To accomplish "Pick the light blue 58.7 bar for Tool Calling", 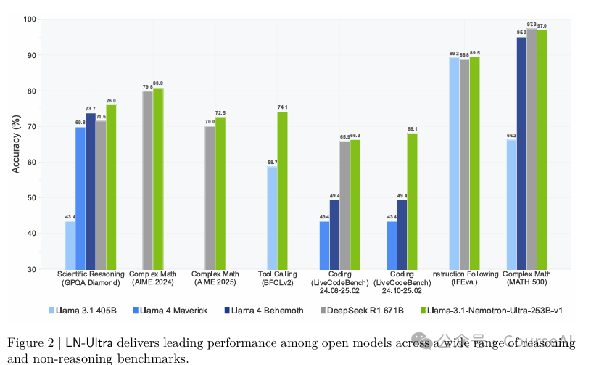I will pos(272,218).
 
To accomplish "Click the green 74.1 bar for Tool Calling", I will pos(282,190).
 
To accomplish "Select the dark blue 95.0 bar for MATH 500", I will pos(521,153).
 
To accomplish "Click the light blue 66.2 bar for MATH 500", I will pos(511,204).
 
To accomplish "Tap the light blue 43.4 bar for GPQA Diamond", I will pos(70,245).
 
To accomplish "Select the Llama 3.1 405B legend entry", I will pos(82,311).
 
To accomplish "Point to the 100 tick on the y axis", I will pos(31,20).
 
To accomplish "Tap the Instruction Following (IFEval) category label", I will pos(464,279).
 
